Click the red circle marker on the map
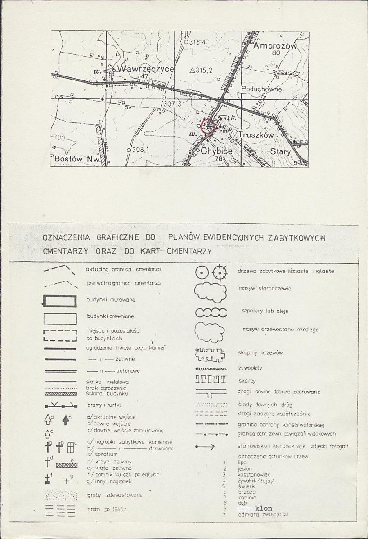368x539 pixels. coord(207,126)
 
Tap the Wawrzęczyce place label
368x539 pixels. coord(145,69)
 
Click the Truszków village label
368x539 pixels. coord(256,134)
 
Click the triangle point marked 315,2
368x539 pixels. coord(192,70)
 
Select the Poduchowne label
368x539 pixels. coord(261,89)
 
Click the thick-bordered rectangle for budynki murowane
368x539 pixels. coord(60,301)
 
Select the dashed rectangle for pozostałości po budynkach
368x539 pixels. coord(60,335)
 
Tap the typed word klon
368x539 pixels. coord(264,508)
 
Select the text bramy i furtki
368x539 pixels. coord(101,405)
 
